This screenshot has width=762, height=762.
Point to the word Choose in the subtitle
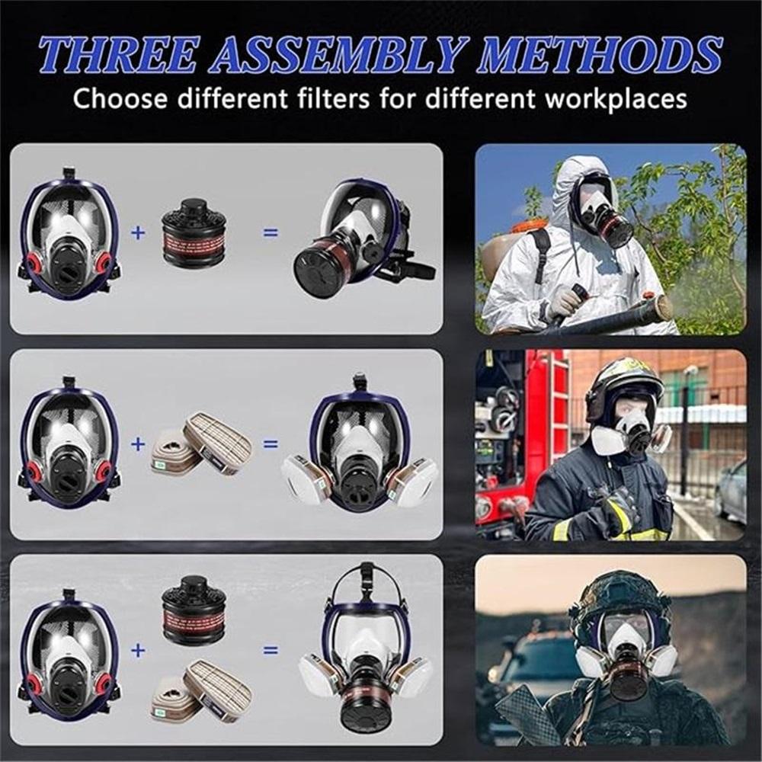point(119,98)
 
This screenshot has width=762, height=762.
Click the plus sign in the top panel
point(137,232)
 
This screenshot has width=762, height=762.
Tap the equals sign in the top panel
point(271,232)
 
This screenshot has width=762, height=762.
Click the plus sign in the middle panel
point(137,443)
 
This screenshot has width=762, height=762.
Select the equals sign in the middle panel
point(271,443)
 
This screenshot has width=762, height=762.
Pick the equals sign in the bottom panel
point(271,650)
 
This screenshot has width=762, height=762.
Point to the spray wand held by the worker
point(610,312)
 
